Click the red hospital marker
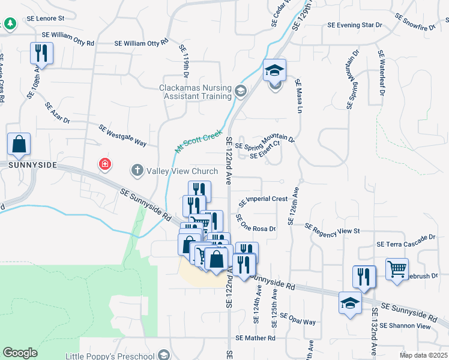(105, 164)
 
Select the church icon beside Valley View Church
(137, 171)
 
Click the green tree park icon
(10, 23)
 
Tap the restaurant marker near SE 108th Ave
(41, 53)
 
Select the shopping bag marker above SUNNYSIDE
(19, 145)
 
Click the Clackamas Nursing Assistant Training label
(195, 91)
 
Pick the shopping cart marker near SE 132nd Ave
(397, 270)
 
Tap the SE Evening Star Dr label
(355, 25)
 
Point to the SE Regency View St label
(331, 229)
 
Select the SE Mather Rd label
(256, 338)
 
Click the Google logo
(20, 352)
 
